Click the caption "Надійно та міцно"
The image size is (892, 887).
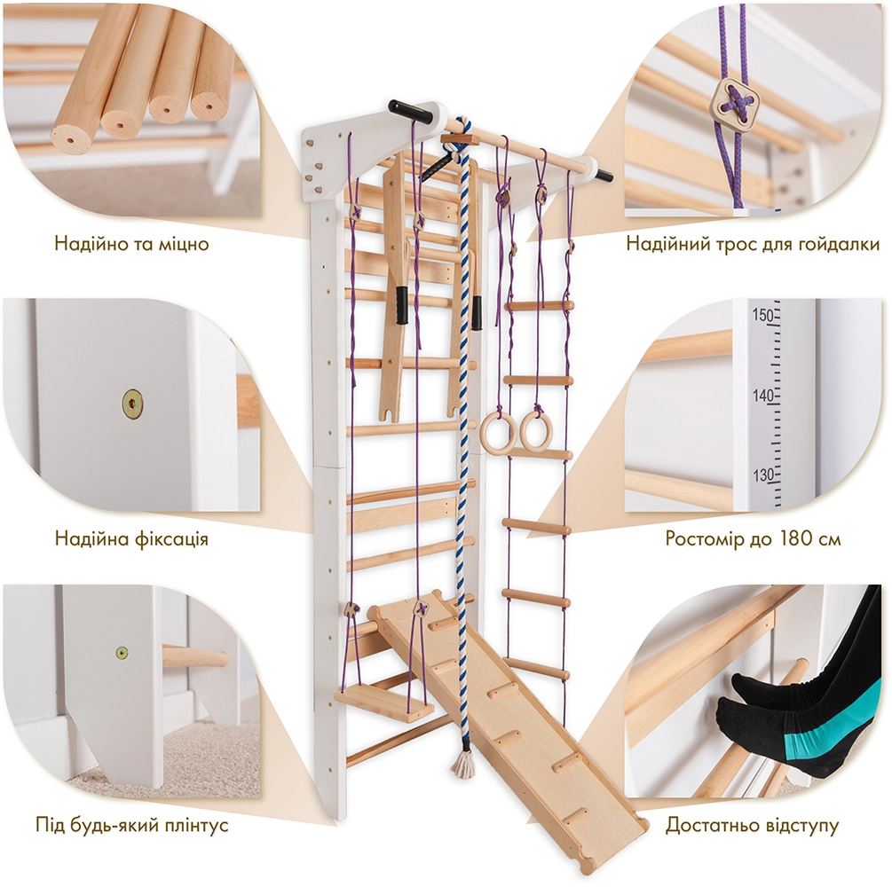pyautogui.click(x=131, y=244)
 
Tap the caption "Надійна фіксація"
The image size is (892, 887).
pyautogui.click(x=131, y=538)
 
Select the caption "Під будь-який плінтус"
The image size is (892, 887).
pyautogui.click(x=132, y=824)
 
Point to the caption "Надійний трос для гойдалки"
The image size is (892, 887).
pyautogui.click(x=753, y=244)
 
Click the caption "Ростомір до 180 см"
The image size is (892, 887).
pyautogui.click(x=753, y=538)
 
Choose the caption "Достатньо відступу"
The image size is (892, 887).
pyautogui.click(x=752, y=824)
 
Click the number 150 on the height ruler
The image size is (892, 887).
pyautogui.click(x=762, y=314)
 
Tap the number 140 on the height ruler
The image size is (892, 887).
pyautogui.click(x=762, y=396)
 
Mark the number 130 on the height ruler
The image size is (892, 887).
pyautogui.click(x=762, y=475)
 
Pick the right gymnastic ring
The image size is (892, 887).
pyautogui.click(x=534, y=430)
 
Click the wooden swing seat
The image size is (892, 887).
pyautogui.click(x=384, y=704)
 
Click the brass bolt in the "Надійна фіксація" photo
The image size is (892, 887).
pyautogui.click(x=132, y=403)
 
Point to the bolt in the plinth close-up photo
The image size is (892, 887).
pyautogui.click(x=122, y=654)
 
